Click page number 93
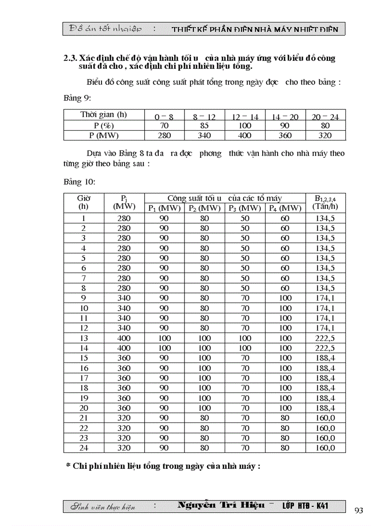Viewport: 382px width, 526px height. click(x=359, y=510)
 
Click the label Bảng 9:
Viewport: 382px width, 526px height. click(x=77, y=99)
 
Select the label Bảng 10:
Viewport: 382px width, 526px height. click(x=79, y=182)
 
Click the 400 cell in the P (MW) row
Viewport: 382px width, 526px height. click(x=245, y=135)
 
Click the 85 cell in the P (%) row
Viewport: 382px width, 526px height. click(x=205, y=126)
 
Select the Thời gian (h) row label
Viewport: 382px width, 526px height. click(x=103, y=115)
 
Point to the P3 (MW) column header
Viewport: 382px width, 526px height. click(x=245, y=208)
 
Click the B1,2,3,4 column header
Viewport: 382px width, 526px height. click(x=325, y=203)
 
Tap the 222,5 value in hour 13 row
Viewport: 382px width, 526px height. click(x=325, y=338)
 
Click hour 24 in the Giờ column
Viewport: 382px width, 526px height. click(x=84, y=448)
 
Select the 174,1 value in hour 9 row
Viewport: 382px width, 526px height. click(x=325, y=298)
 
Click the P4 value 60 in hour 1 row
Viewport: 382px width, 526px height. click(x=285, y=218)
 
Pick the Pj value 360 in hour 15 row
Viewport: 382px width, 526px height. click(x=124, y=358)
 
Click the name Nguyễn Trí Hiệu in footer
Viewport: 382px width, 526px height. click(x=221, y=505)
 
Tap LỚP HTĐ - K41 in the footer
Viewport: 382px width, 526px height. click(x=305, y=506)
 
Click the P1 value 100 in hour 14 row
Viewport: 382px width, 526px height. click(x=164, y=348)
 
